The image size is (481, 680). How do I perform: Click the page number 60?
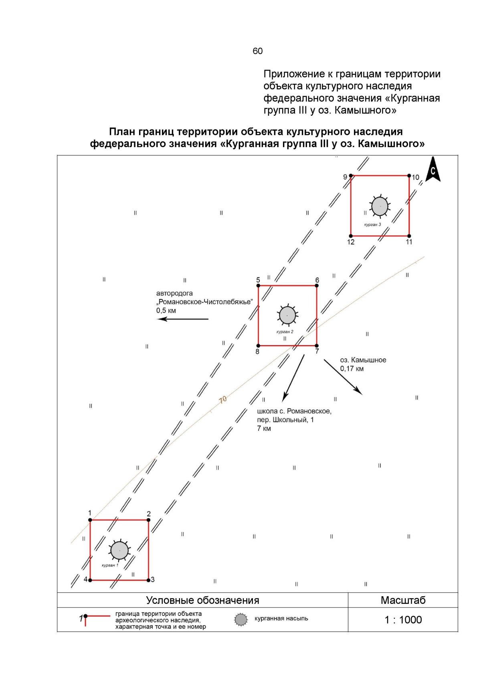(258, 51)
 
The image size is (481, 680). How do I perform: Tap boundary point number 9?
(351, 176)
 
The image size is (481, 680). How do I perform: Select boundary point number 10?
(409, 176)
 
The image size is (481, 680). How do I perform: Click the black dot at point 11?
(409, 236)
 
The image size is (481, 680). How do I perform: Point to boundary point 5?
(259, 286)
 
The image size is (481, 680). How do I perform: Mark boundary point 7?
(317, 345)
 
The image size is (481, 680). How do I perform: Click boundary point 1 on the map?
(90, 520)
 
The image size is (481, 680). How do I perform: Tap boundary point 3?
(148, 580)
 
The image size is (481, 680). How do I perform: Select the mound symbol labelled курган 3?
(380, 206)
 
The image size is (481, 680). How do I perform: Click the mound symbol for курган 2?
(287, 315)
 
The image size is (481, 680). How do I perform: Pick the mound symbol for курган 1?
(119, 550)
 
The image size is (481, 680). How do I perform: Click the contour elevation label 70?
(223, 400)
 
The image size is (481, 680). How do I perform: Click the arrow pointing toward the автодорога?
(182, 319)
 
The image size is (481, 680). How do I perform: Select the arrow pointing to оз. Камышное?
(343, 377)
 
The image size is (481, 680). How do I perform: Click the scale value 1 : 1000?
(403, 620)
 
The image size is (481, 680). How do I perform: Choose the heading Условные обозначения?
(202, 600)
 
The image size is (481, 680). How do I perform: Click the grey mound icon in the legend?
(240, 619)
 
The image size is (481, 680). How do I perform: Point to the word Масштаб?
(403, 600)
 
